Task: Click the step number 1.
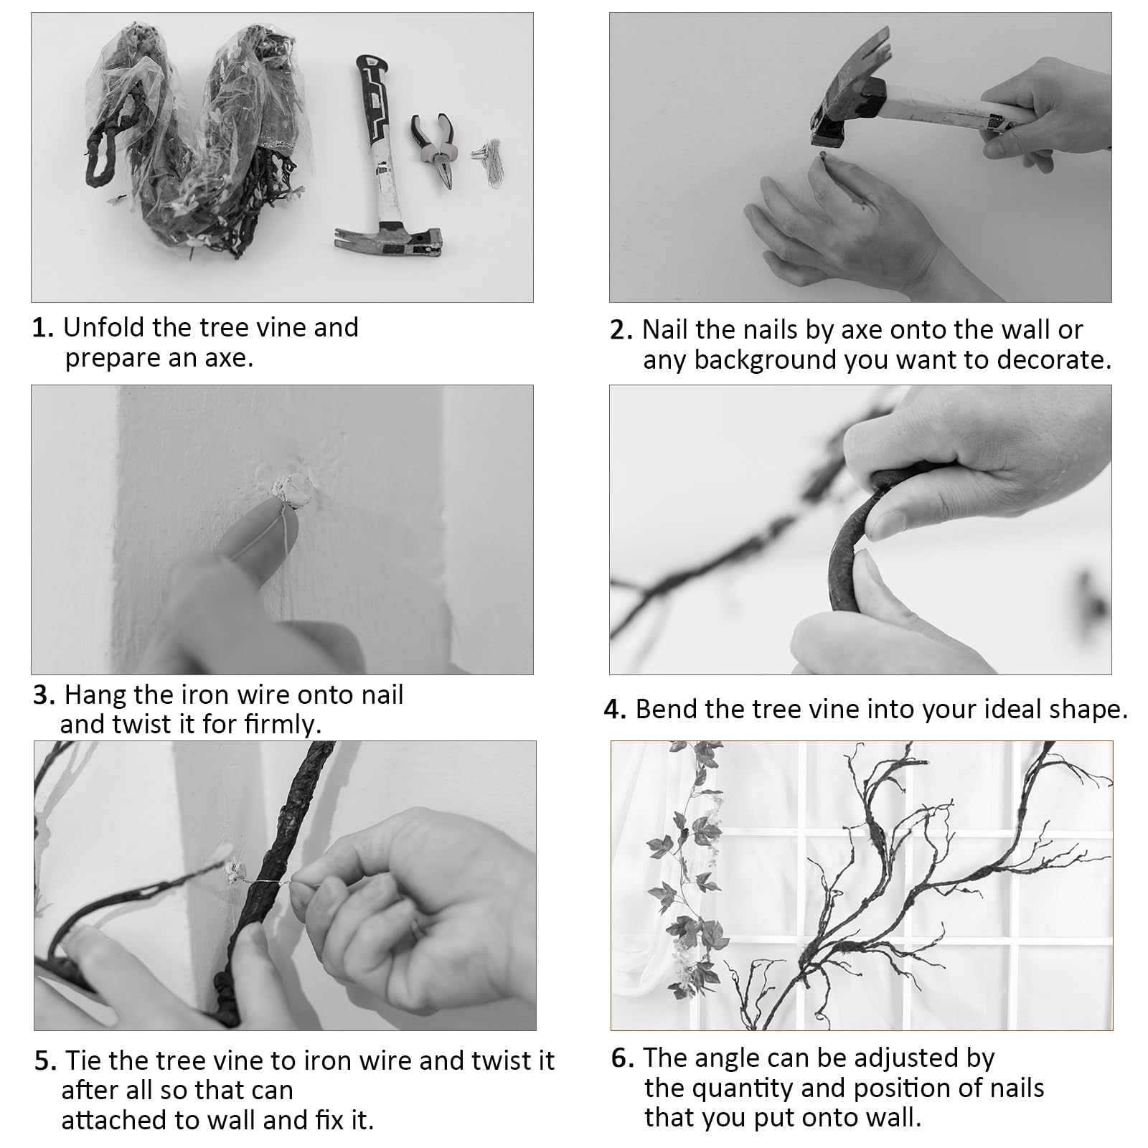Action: coord(42,329)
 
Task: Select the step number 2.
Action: coord(621,331)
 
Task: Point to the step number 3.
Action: coord(44,696)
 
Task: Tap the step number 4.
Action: coord(616,710)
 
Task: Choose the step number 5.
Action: coord(46,1061)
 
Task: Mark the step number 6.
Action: coord(623,1059)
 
